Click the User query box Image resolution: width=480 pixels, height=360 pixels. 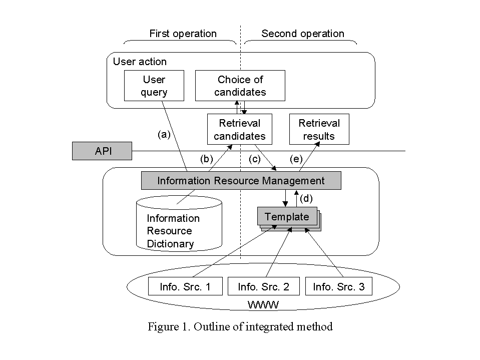click(154, 86)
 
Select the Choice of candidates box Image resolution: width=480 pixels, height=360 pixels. click(240, 86)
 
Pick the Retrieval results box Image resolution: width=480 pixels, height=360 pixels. click(319, 129)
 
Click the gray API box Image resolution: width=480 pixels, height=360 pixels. click(102, 151)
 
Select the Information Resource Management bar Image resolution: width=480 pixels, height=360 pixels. click(241, 181)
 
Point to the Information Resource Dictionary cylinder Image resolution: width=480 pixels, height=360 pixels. click(179, 225)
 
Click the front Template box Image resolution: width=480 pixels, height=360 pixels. click(287, 217)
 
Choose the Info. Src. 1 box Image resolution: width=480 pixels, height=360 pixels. click(185, 287)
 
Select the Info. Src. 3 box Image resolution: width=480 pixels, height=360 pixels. click(339, 287)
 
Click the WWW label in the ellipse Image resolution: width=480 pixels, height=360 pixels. click(263, 304)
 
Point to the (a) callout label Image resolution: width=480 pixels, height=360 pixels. click(164, 134)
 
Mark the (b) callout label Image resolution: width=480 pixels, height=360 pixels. click(207, 159)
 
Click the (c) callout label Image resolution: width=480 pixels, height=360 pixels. click(255, 159)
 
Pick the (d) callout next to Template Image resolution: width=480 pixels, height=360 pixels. click(306, 198)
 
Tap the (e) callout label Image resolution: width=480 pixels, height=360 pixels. click(296, 159)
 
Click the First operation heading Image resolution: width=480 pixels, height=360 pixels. click(183, 34)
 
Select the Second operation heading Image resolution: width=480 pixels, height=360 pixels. click(303, 34)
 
